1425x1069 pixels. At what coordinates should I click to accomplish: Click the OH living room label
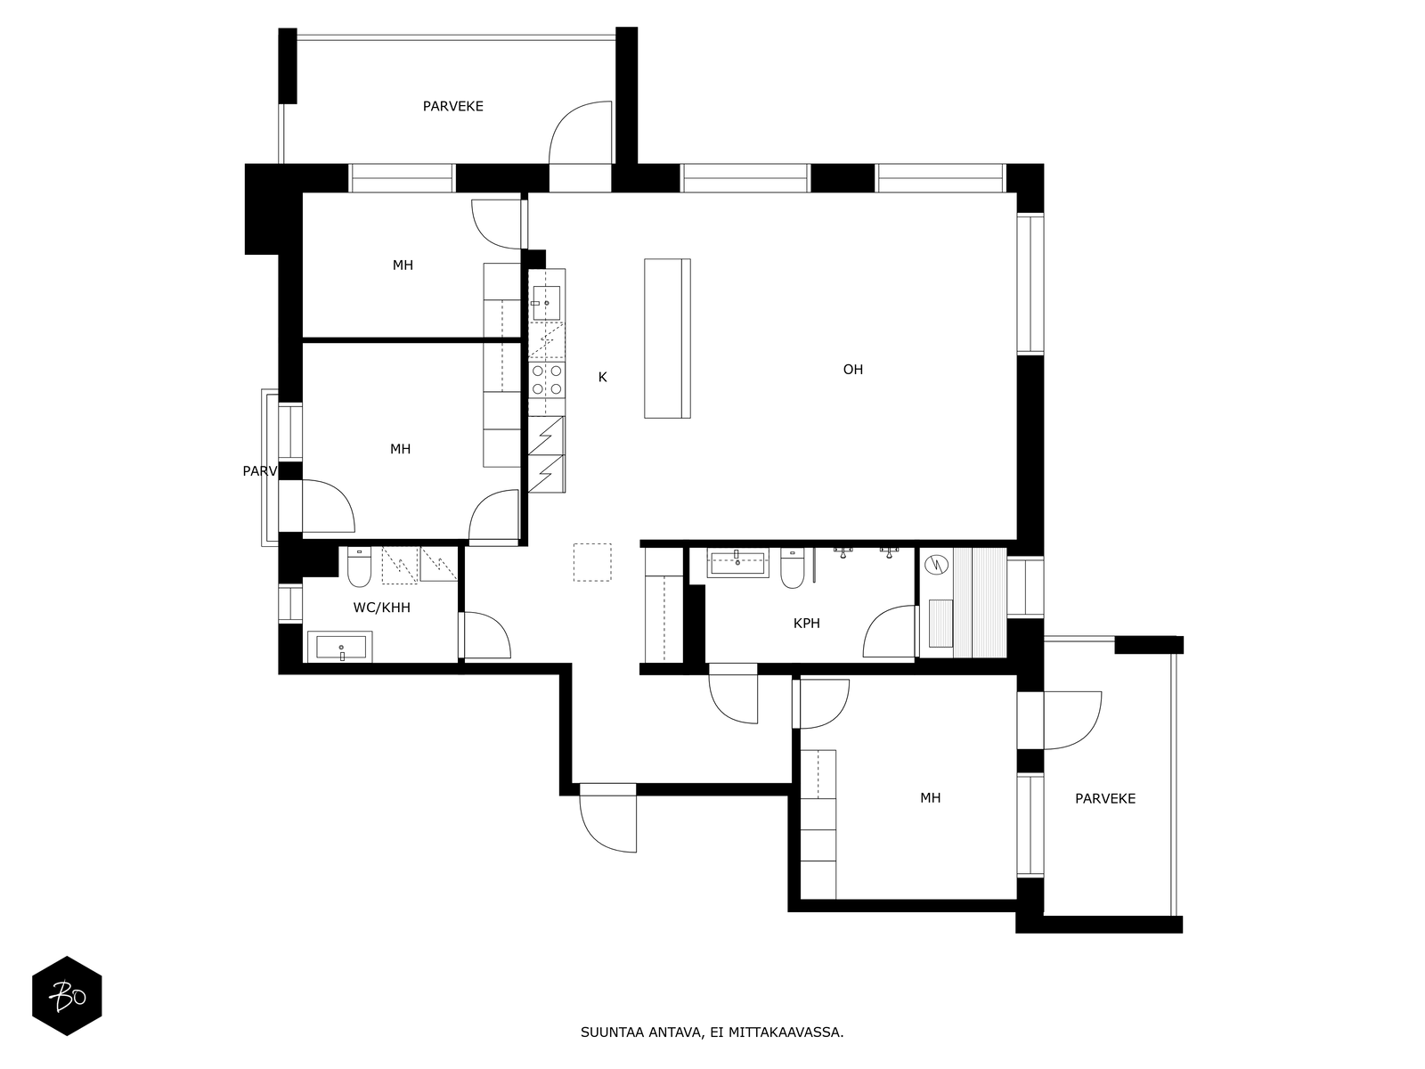(x=852, y=370)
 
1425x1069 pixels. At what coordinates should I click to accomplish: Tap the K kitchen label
(x=602, y=377)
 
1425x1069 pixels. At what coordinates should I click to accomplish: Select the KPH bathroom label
(x=806, y=623)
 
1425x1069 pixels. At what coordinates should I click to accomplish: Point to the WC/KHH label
(x=382, y=608)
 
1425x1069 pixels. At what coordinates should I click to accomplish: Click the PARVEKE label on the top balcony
(x=453, y=106)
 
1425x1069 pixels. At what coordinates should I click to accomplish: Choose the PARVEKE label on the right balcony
(x=1105, y=799)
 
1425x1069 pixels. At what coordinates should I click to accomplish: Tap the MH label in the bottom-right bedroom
(x=931, y=797)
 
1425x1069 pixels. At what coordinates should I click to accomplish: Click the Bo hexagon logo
(x=67, y=996)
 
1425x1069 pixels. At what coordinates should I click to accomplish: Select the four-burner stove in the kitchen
(x=547, y=379)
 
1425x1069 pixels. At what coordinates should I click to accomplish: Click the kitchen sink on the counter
(x=547, y=303)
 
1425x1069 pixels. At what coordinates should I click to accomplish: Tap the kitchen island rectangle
(x=667, y=339)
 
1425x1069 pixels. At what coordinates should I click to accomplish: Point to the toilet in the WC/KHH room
(x=359, y=567)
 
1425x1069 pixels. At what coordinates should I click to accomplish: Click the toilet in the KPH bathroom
(x=792, y=568)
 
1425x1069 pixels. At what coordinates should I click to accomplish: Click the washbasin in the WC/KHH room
(x=341, y=647)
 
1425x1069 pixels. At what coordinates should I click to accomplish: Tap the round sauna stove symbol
(x=936, y=565)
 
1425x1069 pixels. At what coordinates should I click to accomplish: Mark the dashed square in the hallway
(x=592, y=562)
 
